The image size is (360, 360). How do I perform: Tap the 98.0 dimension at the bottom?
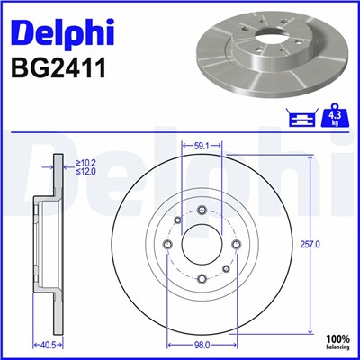pyautogui.click(x=202, y=345)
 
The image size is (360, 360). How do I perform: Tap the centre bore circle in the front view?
pyautogui.click(x=202, y=243)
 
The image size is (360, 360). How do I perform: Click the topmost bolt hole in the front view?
pyautogui.click(x=202, y=211)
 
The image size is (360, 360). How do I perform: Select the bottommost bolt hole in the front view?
pyautogui.click(x=202, y=279)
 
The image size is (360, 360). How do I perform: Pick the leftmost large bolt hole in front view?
pyautogui.click(x=169, y=244)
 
